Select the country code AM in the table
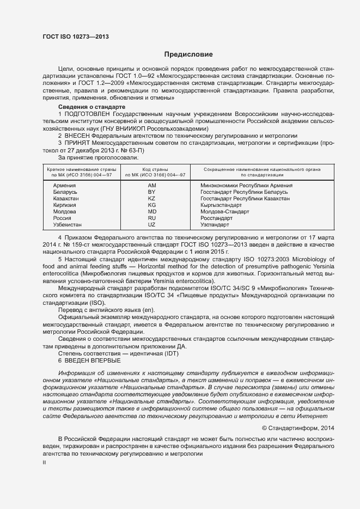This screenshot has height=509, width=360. click(x=152, y=186)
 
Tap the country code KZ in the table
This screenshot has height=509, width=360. click(x=152, y=199)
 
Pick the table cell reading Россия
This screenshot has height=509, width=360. click(x=62, y=218)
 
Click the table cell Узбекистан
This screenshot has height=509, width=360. click(x=68, y=224)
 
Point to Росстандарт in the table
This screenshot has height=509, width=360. click(x=216, y=218)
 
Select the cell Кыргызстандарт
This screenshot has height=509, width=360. click(x=221, y=205)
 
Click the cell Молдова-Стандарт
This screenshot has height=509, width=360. click(x=224, y=211)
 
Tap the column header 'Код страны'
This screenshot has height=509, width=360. click(x=155, y=170)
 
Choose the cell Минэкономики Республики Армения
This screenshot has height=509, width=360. click(x=247, y=186)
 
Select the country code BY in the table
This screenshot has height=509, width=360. click(x=152, y=192)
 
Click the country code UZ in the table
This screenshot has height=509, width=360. click(x=152, y=224)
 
